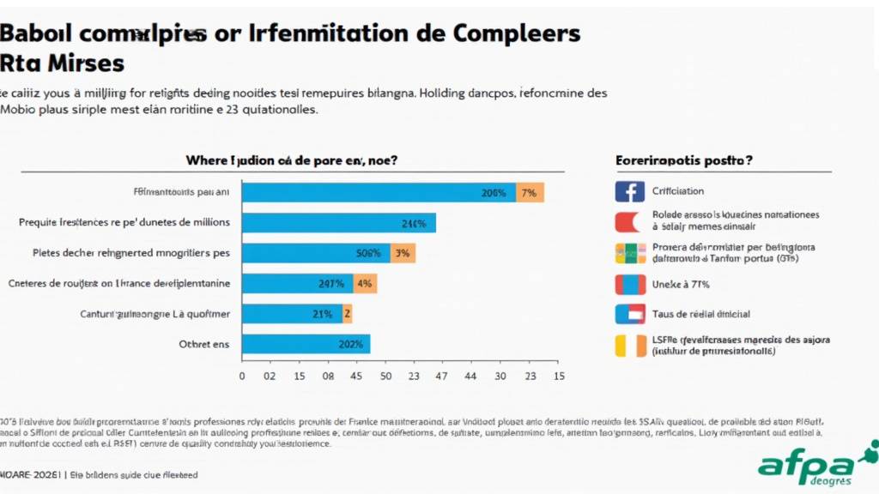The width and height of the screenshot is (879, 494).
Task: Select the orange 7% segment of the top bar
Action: point(530,193)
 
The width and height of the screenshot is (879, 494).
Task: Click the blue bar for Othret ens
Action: point(306,344)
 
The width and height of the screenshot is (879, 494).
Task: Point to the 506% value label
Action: point(368,253)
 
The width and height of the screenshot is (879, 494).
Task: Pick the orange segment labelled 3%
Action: point(403,253)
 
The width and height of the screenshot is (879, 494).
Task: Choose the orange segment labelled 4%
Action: point(364,284)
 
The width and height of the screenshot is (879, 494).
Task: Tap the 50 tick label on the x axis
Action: point(385,376)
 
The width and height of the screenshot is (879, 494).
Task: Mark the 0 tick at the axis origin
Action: point(242,376)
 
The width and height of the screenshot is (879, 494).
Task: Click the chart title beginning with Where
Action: point(292,160)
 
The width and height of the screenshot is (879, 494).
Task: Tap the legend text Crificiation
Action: point(678,191)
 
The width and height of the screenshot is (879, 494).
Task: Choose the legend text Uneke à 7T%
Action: point(682,284)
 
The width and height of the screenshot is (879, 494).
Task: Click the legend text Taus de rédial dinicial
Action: point(700,314)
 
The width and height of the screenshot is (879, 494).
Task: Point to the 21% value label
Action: point(323,314)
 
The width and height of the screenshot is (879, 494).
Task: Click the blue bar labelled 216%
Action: point(338,223)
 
